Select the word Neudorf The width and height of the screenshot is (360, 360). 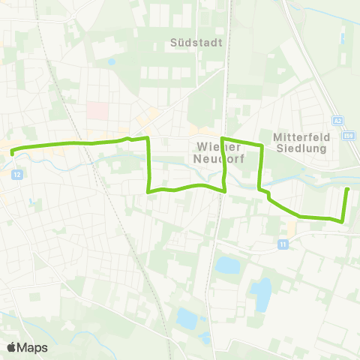(216, 158)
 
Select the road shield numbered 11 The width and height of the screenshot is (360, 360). (283, 244)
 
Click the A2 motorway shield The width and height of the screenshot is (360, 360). (338, 120)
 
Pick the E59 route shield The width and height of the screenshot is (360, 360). (348, 135)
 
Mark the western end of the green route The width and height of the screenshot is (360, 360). (13, 151)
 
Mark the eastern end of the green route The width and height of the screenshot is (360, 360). (347, 189)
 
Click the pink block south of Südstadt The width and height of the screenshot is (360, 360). (97, 110)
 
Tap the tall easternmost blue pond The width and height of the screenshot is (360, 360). (261, 294)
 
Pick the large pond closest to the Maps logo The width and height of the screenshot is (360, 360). (187, 319)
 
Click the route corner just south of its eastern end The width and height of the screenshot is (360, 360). (342, 220)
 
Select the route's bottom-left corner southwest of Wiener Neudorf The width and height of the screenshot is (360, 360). (148, 191)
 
